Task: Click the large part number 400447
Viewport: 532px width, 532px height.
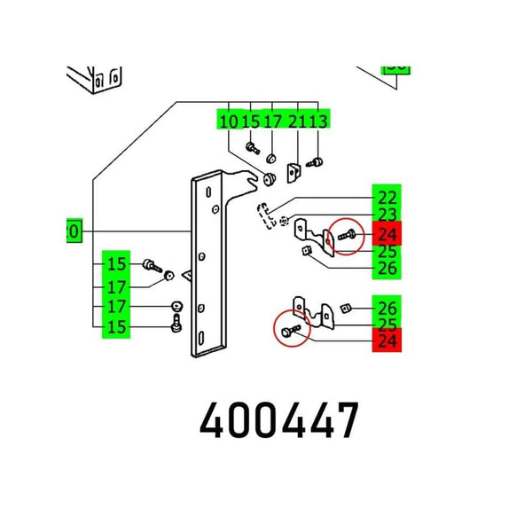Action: click(x=279, y=421)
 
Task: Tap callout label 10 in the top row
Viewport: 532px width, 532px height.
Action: click(x=229, y=121)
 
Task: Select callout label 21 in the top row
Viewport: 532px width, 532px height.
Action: click(x=297, y=121)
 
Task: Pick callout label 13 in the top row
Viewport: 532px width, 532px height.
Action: click(x=317, y=121)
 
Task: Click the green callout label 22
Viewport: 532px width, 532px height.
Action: click(x=387, y=198)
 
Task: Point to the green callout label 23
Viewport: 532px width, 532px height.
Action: click(x=387, y=215)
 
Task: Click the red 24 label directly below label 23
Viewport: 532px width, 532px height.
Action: click(x=387, y=234)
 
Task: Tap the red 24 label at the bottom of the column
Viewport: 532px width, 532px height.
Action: click(x=387, y=340)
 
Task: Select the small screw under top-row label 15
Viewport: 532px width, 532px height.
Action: click(x=252, y=147)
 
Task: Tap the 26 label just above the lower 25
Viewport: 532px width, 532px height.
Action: click(x=387, y=309)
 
